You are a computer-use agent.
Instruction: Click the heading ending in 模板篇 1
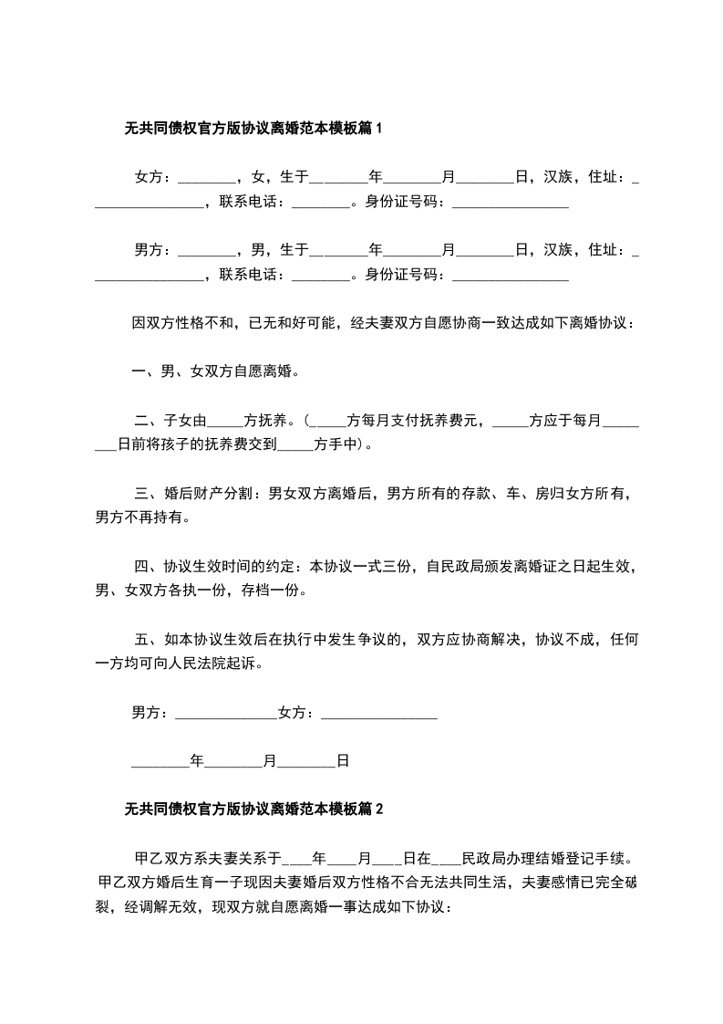[x=253, y=130]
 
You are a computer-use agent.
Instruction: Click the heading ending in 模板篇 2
[x=253, y=808]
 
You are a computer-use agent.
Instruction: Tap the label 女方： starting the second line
[x=153, y=176]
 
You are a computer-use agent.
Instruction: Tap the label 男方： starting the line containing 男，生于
[x=153, y=249]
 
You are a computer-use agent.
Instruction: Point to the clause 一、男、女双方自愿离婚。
[x=216, y=371]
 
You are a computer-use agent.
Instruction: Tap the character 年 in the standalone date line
[x=196, y=759]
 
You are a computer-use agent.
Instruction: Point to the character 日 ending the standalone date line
[x=343, y=759]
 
